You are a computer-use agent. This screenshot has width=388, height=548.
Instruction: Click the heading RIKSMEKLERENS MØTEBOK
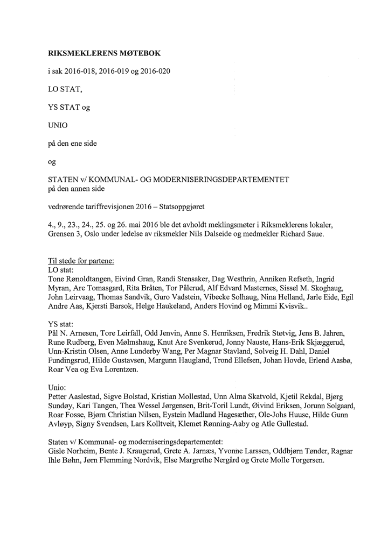[x=105, y=54]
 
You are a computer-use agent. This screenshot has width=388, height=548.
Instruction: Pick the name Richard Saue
[x=302, y=234]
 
